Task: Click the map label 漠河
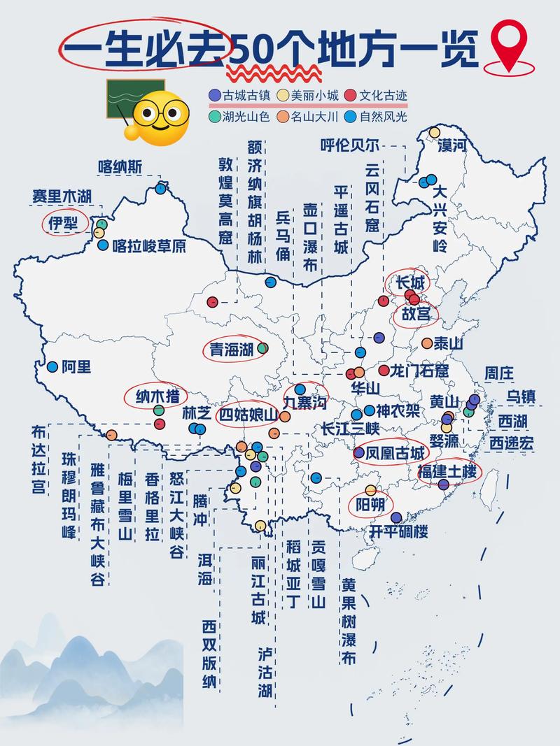click(451, 145)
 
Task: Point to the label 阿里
click(76, 366)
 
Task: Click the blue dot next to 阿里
click(52, 366)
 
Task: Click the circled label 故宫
click(415, 315)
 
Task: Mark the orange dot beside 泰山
click(427, 343)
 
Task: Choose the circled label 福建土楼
click(447, 471)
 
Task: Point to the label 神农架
click(398, 410)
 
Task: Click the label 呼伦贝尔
click(350, 145)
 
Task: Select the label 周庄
click(499, 373)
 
